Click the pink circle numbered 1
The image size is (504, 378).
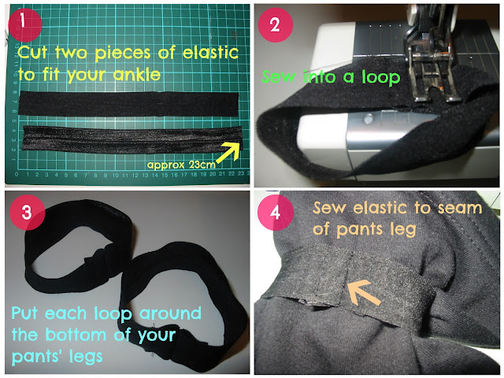[x=24, y=24]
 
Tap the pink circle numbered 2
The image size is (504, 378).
[x=276, y=24]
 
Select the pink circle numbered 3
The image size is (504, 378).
[x=28, y=212]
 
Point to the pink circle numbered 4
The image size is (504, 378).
[x=276, y=213]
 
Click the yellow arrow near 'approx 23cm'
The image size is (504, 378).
[x=228, y=152]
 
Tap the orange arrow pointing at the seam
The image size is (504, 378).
[x=364, y=292]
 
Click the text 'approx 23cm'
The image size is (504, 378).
[x=181, y=165]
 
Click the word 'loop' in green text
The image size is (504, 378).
[x=381, y=76]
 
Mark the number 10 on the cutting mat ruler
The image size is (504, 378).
[x=116, y=176]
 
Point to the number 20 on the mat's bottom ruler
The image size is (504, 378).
[x=213, y=174]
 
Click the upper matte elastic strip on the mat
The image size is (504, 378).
[x=128, y=103]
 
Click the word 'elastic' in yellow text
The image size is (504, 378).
[x=210, y=52]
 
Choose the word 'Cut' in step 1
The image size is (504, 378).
[x=33, y=53]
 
